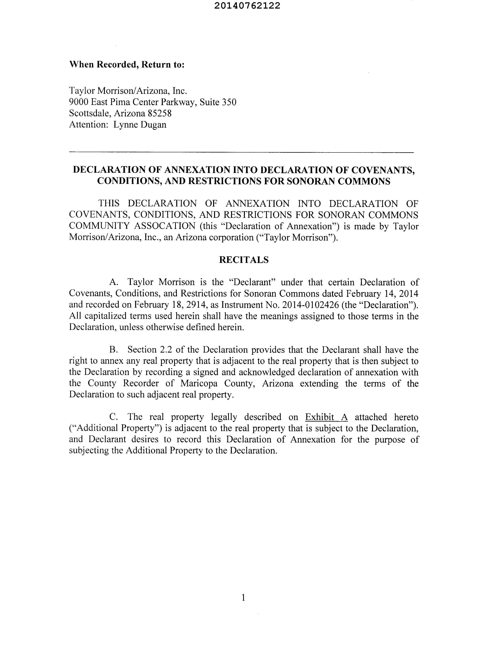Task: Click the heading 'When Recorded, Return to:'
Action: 127,65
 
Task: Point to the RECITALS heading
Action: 244,260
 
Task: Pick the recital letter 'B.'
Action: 114,350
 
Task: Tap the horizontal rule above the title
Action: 241,152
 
